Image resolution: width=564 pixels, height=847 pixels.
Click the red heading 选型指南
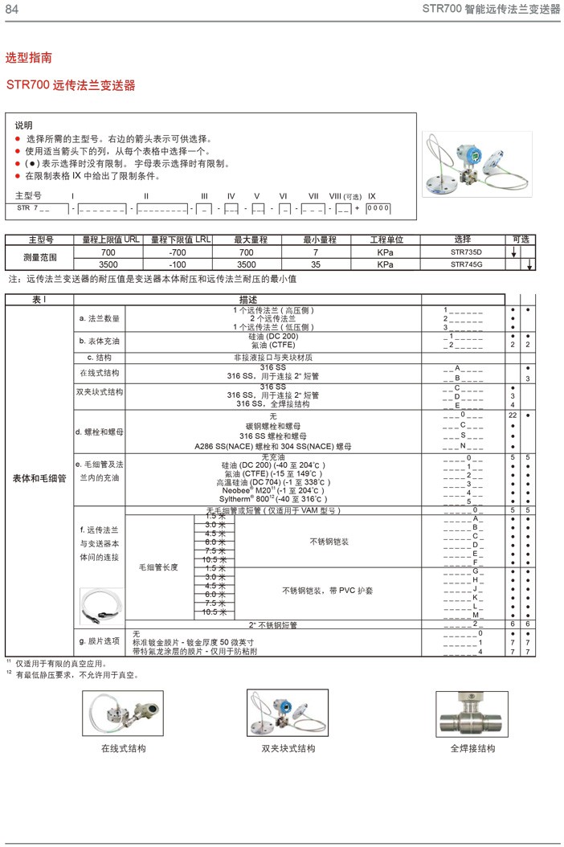pyautogui.click(x=29, y=58)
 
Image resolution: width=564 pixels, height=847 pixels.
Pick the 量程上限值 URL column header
pyautogui.click(x=105, y=239)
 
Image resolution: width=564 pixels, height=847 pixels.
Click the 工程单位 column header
pyautogui.click(x=389, y=239)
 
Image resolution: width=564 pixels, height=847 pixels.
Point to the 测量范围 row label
pyautogui.click(x=40, y=258)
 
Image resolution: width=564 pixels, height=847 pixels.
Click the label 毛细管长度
pyautogui.click(x=158, y=567)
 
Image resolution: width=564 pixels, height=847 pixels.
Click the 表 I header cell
pyautogui.click(x=39, y=299)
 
